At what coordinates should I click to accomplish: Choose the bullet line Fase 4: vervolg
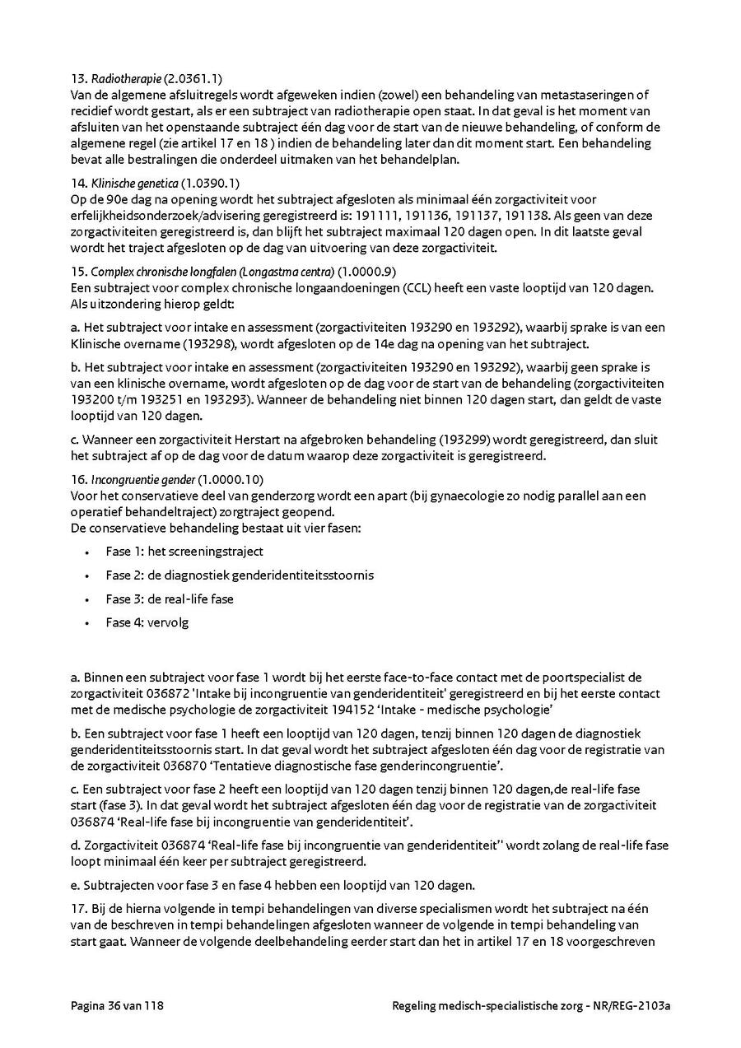pos(147,622)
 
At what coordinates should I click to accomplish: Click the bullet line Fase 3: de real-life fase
pos(170,599)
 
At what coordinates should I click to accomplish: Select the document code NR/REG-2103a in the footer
pos(632,1006)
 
